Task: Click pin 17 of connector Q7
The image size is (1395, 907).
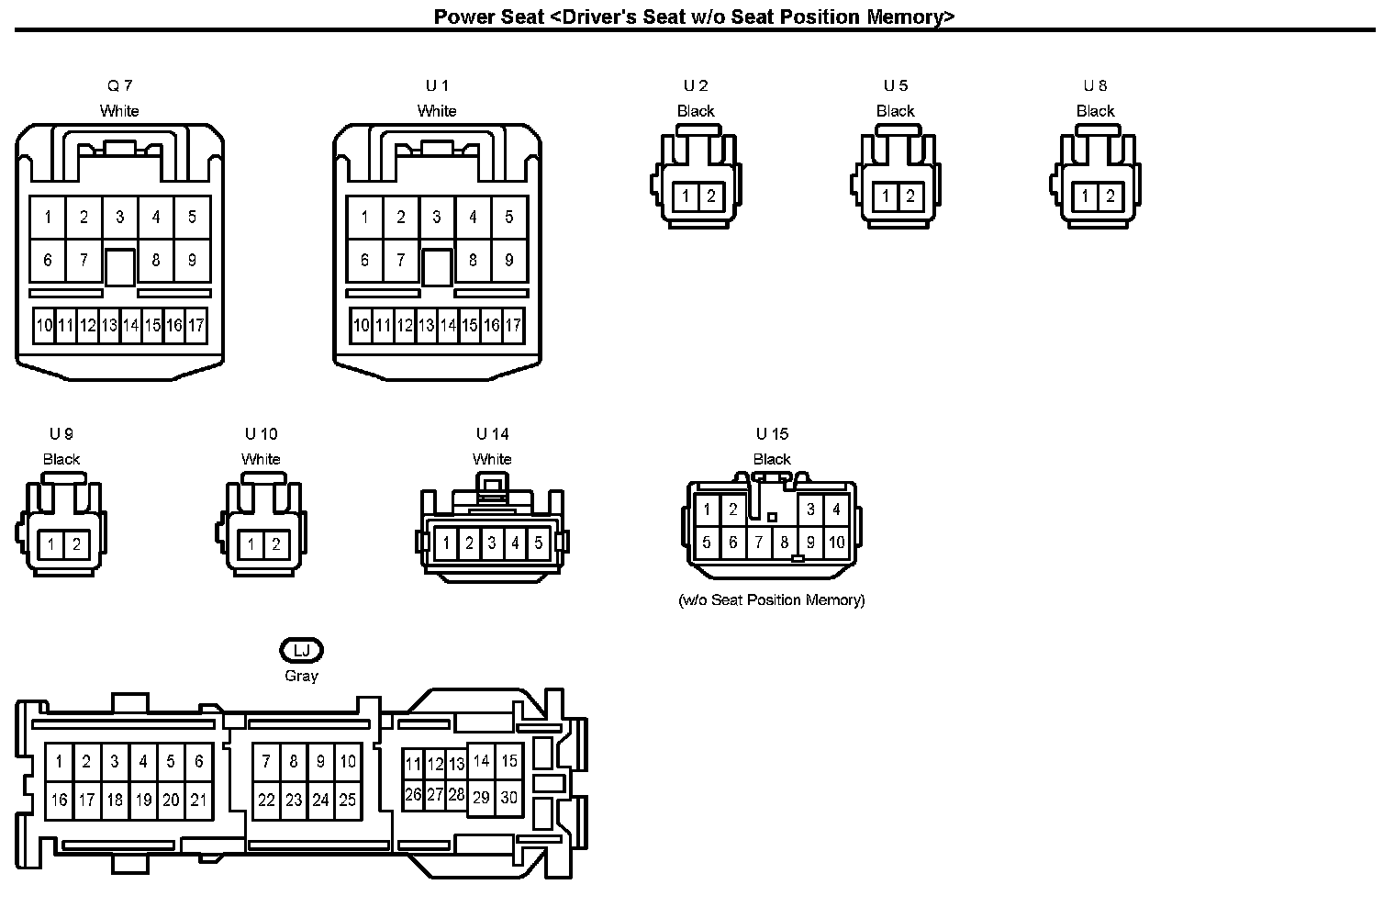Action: point(195,325)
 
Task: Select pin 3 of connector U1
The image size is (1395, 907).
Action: point(437,217)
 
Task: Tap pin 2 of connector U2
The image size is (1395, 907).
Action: point(710,196)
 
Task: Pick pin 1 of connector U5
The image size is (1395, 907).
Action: point(886,196)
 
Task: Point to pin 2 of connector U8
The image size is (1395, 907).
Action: point(1110,196)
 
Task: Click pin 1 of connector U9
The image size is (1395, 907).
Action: point(51,544)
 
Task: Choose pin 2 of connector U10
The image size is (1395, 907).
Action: point(275,544)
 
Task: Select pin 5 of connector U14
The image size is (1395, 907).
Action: point(538,543)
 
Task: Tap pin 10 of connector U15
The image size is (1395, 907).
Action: point(836,542)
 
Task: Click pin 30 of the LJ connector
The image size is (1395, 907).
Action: point(508,798)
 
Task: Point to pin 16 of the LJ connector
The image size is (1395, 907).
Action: point(59,800)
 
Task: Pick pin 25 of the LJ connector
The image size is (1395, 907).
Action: point(347,800)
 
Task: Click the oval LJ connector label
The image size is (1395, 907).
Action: point(301,651)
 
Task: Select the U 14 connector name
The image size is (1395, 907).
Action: point(492,433)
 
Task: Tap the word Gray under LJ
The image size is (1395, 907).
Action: point(301,676)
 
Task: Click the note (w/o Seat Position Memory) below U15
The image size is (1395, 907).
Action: point(771,600)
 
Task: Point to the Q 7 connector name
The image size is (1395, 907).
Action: point(119,85)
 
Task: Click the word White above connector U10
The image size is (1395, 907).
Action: point(261,459)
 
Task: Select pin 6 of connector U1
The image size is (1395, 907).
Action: point(364,260)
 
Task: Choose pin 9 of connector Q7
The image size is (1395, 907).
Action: point(192,260)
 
